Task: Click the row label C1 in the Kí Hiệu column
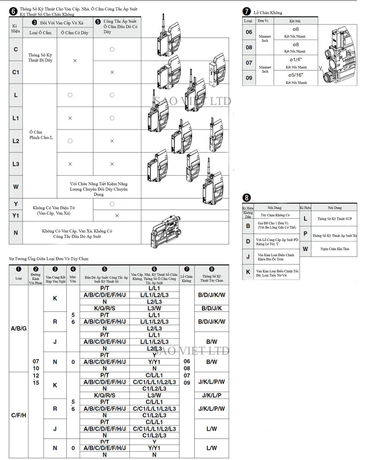16,72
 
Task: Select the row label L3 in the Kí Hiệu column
16,164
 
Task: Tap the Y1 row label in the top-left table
16,215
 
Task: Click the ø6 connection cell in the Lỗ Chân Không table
295,32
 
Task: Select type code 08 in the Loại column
249,47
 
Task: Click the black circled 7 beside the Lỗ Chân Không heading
247,12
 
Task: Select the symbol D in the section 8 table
248,241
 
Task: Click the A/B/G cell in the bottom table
19,328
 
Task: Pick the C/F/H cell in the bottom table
19,415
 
